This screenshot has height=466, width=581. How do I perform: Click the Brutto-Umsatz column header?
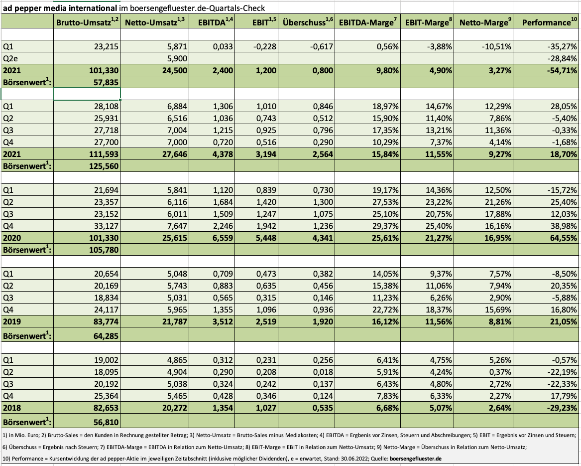(x=87, y=22)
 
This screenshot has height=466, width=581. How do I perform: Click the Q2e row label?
(x=10, y=59)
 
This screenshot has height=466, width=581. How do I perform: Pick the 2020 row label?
(x=12, y=238)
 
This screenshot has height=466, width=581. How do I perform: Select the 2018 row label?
(x=12, y=408)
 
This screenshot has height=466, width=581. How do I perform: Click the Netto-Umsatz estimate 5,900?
(x=177, y=59)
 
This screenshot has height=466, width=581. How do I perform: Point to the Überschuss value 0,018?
(x=323, y=372)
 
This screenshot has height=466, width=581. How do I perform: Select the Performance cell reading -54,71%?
(x=562, y=70)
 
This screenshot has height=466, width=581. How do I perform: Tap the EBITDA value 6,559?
(x=223, y=238)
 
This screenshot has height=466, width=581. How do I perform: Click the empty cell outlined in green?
(x=87, y=94)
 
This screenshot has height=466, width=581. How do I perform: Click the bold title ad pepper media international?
(x=60, y=8)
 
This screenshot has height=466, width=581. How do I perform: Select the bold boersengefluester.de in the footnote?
(x=416, y=459)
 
